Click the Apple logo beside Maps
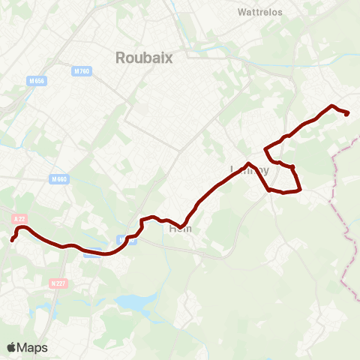click(x=12, y=347)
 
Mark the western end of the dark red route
click(x=12, y=240)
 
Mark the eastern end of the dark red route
click(x=348, y=113)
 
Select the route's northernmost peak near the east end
click(x=332, y=105)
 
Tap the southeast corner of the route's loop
click(x=299, y=190)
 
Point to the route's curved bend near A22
click(x=23, y=226)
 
